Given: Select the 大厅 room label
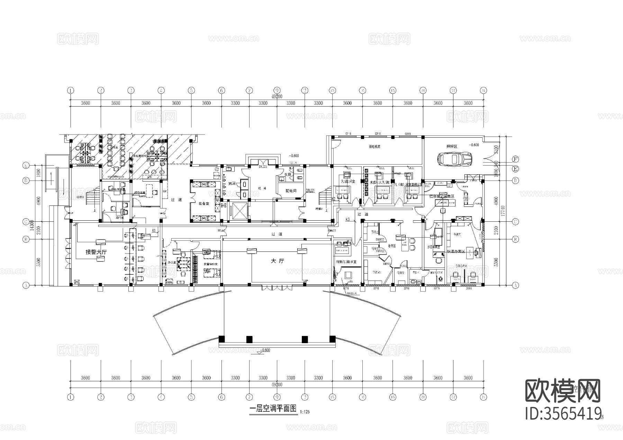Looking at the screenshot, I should (277, 261).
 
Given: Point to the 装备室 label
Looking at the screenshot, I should (203, 204).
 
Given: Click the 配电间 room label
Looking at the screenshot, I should (291, 191).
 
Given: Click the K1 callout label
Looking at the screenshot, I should (154, 230).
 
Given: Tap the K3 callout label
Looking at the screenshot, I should (348, 220).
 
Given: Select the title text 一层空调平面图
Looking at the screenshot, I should (273, 409).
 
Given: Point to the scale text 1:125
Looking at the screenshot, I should (305, 412).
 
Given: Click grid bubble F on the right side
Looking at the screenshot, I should (515, 159).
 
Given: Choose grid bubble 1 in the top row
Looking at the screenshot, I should (71, 91).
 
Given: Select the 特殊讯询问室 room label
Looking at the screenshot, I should (346, 262).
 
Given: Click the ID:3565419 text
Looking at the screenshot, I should (562, 414).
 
